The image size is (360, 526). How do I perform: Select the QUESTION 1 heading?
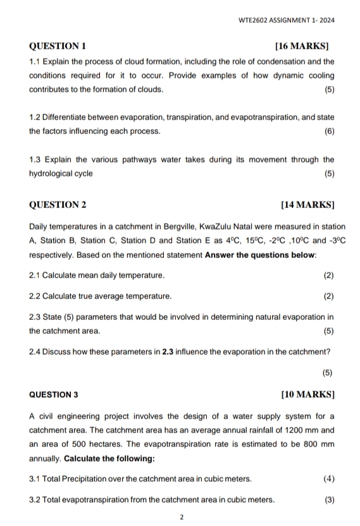point(58,46)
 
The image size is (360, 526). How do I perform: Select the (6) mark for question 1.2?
point(328,131)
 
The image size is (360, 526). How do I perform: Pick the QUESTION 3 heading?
point(54,394)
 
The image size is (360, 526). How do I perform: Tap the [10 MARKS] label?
point(307,394)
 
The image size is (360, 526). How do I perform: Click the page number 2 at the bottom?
point(182,517)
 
